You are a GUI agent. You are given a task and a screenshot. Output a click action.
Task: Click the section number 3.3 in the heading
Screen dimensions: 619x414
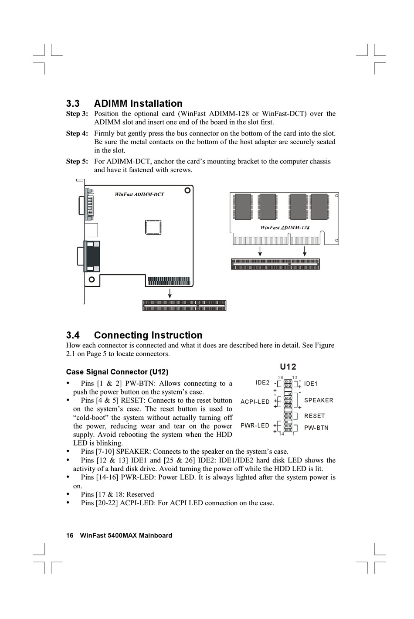tap(73, 104)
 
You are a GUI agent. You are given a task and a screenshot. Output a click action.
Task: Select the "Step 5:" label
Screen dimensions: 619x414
tap(77, 161)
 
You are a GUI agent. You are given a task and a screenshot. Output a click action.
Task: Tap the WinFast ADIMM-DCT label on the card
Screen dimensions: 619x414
tap(139, 194)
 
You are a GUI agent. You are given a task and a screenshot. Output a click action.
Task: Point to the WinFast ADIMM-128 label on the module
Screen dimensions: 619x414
tap(285, 228)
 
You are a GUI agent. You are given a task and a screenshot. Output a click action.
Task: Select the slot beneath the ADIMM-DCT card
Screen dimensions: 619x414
tap(184, 305)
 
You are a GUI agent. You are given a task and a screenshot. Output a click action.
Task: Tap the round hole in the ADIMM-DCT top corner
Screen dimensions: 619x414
tap(187, 190)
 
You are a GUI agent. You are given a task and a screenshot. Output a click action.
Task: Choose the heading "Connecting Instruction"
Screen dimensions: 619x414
tap(148, 335)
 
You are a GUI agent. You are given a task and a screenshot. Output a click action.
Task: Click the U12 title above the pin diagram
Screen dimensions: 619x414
tap(288, 367)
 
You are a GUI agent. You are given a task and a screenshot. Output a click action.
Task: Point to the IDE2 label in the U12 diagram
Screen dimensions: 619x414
tap(262, 383)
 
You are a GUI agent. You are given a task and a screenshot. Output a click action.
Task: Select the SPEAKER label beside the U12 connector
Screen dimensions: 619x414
tap(319, 400)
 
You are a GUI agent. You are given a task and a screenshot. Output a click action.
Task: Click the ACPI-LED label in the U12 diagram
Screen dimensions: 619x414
tap(255, 401)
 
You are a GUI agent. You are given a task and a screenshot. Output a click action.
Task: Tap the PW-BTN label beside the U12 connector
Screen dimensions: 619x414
tap(316, 428)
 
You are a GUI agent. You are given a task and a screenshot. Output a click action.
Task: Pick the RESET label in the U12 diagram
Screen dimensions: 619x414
tap(315, 416)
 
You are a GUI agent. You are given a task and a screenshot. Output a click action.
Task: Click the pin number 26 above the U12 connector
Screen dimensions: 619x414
tap(281, 378)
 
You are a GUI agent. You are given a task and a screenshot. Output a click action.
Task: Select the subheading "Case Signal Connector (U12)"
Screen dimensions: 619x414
tap(117, 372)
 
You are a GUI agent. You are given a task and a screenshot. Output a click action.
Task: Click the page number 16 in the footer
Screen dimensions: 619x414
tap(70, 535)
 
